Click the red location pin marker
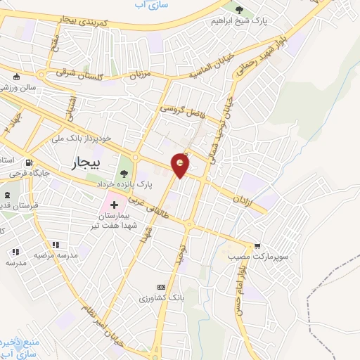(181, 166)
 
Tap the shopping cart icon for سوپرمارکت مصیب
(259, 246)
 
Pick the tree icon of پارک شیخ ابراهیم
(239, 10)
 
